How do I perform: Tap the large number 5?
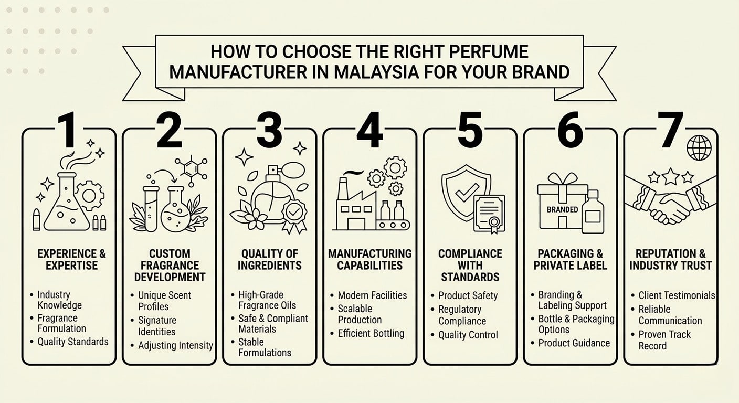470,130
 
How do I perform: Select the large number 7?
670,130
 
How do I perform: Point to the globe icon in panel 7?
699,147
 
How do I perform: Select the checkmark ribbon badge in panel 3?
293,215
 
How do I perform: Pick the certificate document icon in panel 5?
489,213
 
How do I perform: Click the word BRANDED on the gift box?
562,209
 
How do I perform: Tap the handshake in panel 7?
670,206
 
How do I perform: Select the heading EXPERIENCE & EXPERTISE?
71,259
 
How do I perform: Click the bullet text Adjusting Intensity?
175,345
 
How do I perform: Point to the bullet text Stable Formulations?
265,347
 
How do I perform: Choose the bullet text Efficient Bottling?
371,333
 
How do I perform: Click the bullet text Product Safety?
468,295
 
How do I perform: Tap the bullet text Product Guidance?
574,343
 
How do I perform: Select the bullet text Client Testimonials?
677,295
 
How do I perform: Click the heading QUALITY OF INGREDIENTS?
269,259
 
